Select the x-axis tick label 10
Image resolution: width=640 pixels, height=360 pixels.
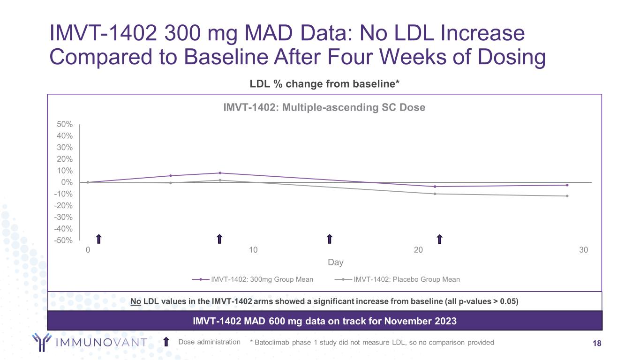pos(253,250)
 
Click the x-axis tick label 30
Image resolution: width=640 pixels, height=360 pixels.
pos(583,250)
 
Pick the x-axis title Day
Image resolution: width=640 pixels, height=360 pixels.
pos(336,262)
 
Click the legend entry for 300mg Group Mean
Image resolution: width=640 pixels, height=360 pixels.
pos(262,279)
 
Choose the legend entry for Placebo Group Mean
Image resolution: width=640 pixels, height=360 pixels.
pos(406,279)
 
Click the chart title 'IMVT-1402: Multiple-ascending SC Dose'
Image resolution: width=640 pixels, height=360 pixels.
pos(324,107)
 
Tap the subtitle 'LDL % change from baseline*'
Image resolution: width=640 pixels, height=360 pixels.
pos(324,84)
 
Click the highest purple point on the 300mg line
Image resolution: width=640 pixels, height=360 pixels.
pos(220,173)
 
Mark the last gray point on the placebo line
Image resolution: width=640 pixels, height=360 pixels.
pos(567,196)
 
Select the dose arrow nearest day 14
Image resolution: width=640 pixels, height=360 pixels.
pos(329,239)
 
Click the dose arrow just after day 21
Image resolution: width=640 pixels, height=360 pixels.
pos(440,239)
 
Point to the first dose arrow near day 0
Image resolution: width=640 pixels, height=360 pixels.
pos(98,239)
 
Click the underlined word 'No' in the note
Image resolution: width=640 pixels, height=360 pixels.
pos(136,301)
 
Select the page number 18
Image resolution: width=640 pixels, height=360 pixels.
pos(597,344)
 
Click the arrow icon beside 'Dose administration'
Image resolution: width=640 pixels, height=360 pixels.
pos(166,342)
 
